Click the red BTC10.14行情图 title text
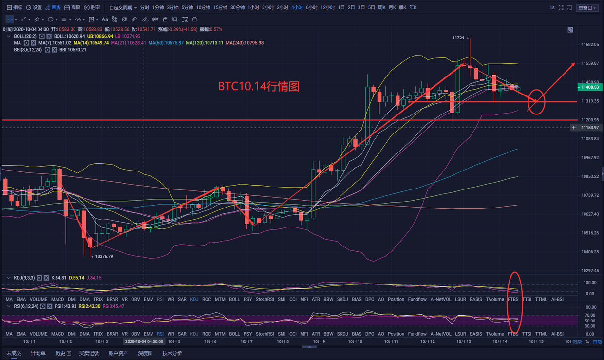(x=258, y=87)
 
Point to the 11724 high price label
(x=458, y=38)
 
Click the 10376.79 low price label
(x=104, y=256)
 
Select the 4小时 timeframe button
(x=297, y=8)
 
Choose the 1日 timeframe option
(x=341, y=8)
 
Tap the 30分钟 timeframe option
(x=237, y=8)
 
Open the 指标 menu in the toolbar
(x=15, y=8)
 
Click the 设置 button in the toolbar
(x=34, y=8)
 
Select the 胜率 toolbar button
(x=93, y=8)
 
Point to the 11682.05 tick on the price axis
(x=590, y=44)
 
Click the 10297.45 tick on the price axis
(x=590, y=270)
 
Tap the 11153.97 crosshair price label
(x=590, y=128)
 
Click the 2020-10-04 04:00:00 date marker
(x=144, y=341)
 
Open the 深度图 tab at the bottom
(x=146, y=353)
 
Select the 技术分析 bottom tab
(x=172, y=353)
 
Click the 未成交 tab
(x=14, y=353)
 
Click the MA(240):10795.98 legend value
(x=245, y=43)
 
